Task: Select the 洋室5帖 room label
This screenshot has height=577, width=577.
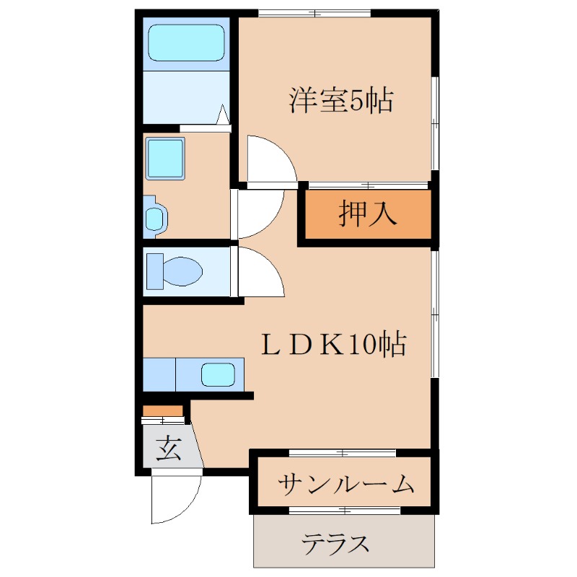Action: [341, 100]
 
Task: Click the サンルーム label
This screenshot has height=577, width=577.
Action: [345, 483]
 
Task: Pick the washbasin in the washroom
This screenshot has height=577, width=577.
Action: [155, 218]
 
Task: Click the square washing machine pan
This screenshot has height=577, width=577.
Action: [166, 158]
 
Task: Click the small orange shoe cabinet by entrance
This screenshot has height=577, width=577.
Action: [163, 411]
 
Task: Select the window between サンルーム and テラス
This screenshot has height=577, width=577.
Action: [345, 511]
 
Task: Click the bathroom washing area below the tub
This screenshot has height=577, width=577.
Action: [180, 97]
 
